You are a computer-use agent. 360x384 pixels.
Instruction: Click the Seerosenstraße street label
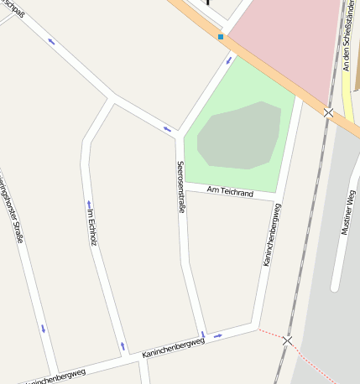[x=180, y=186]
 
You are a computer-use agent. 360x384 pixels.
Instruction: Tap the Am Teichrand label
[x=229, y=193]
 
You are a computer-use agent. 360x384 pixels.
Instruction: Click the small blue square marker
[x=221, y=37]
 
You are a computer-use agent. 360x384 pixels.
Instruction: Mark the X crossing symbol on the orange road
[x=328, y=112]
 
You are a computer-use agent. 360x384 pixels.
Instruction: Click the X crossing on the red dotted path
[x=288, y=341]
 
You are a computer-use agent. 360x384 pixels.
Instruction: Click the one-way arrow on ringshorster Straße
[x=43, y=328]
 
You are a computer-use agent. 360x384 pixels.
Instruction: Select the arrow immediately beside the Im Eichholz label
[x=88, y=204]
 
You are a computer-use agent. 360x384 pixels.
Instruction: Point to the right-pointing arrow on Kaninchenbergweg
[x=217, y=336]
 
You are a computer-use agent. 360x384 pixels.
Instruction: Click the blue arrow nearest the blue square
[x=227, y=59]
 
